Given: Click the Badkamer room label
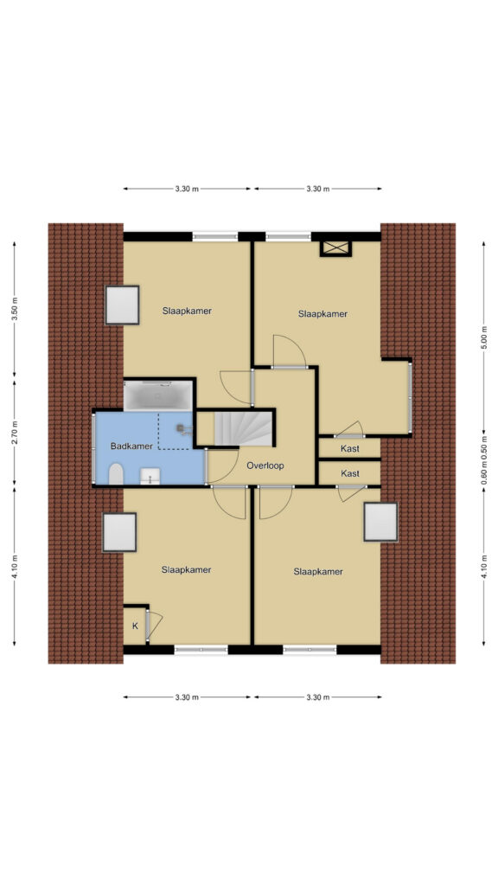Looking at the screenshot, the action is pos(131,446).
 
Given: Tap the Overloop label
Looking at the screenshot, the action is pos(265,466).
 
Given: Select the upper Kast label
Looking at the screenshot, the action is pos(350,449).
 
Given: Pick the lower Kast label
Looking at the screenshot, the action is pos(350,473).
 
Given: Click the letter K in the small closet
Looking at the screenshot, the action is pos(135,626).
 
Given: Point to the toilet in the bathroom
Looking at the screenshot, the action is pos(117,475).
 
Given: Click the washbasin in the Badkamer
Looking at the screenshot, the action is pos(150,477).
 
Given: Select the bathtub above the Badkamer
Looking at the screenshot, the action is pos(158,395).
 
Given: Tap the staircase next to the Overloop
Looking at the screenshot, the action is pos(243,428).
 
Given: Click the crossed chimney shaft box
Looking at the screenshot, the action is pos(336,248).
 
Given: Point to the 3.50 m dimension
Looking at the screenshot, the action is pos(15,309).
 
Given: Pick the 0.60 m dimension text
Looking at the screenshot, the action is pos(483,473).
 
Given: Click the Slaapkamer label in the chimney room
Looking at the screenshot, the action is pos(322,314).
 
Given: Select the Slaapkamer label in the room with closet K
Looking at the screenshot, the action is pos(186,569).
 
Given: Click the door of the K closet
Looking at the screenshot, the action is pos(154,625).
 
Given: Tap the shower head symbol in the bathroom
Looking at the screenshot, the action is pos(182,429).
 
